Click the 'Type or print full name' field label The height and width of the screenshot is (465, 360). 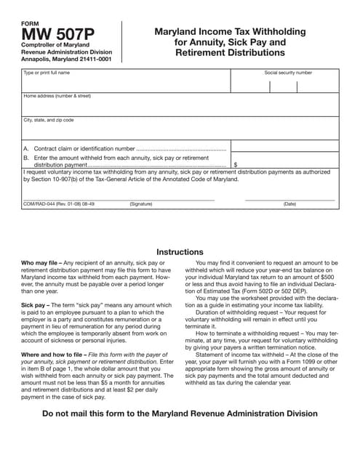click(47, 73)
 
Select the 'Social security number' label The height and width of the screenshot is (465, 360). click(288, 73)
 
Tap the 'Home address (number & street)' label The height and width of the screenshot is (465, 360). click(57, 96)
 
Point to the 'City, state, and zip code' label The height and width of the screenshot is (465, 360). click(49, 120)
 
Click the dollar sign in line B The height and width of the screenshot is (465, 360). click(235, 165)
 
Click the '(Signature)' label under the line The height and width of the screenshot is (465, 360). click(141, 205)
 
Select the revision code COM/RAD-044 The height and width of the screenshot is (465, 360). click(41, 205)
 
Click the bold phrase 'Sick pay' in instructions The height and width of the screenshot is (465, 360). click(33, 305)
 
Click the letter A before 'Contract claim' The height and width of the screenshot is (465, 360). click(26, 147)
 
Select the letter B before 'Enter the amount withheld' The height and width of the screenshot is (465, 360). click(26, 157)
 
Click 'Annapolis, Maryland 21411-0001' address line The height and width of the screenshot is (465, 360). click(66, 60)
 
